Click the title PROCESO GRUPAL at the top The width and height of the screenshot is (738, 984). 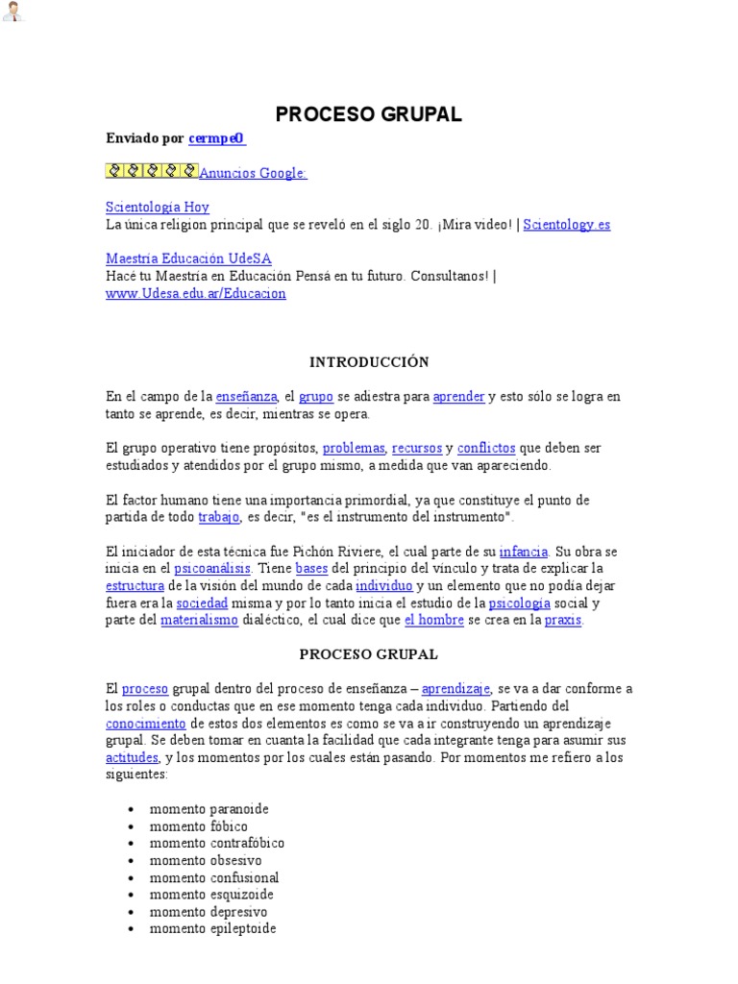coord(369,114)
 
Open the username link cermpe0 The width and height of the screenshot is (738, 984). coord(216,138)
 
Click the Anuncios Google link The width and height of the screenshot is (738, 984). coord(253,173)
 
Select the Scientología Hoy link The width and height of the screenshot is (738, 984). coord(157,207)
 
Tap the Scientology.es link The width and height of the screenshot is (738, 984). coord(567,224)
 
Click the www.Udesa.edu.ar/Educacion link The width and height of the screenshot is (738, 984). coord(196,293)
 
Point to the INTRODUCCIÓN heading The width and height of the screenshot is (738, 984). coord(369,362)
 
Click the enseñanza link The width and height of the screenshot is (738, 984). coord(246,396)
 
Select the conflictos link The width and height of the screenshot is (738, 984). coord(486,448)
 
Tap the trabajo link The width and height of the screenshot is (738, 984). coord(219,517)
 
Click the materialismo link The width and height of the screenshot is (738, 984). coord(199,621)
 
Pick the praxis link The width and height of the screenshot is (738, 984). coord(563,621)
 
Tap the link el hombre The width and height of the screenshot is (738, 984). coord(434,621)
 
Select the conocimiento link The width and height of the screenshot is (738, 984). coord(146,723)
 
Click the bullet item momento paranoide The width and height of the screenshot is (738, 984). coord(209,809)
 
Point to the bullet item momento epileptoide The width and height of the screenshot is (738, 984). coord(212,929)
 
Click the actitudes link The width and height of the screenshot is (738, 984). coord(132,757)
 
